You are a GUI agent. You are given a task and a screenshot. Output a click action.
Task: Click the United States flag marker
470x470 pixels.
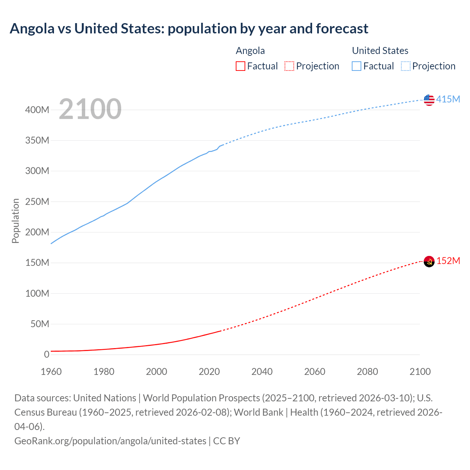click(429, 100)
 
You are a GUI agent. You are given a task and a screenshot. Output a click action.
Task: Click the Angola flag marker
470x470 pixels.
click(429, 261)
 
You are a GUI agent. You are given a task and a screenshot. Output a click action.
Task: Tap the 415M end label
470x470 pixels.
click(448, 100)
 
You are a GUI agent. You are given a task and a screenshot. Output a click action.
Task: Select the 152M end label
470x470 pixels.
click(448, 261)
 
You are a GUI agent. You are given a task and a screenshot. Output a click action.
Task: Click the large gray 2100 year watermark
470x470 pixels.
click(90, 109)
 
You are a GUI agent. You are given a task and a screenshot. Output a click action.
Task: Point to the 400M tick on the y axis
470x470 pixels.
click(37, 110)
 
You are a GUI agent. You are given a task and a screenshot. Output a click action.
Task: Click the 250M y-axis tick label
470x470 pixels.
click(37, 202)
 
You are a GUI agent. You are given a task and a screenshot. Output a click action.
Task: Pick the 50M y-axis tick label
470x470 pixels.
click(40, 324)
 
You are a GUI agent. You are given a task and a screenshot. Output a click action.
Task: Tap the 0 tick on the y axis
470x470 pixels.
click(47, 354)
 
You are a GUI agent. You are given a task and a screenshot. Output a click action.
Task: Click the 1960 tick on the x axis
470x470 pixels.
click(51, 372)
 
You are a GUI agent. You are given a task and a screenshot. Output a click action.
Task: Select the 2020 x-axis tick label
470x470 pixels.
click(209, 372)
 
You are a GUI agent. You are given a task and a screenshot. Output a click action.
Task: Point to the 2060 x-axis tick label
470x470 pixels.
click(315, 372)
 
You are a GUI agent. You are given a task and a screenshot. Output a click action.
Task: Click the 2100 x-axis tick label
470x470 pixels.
click(420, 372)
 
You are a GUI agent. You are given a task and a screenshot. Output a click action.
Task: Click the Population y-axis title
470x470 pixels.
click(15, 221)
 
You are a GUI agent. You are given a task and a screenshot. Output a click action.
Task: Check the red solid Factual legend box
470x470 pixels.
click(241, 66)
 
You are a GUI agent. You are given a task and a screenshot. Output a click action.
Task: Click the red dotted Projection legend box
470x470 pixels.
click(289, 66)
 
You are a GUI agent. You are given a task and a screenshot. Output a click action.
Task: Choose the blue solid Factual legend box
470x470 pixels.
click(357, 66)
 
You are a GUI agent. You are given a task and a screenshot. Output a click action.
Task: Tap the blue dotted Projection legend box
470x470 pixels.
click(405, 66)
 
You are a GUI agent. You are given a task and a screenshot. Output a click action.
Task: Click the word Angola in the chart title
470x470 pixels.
click(32, 29)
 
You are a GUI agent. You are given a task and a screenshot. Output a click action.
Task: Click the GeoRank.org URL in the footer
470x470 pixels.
click(110, 441)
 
